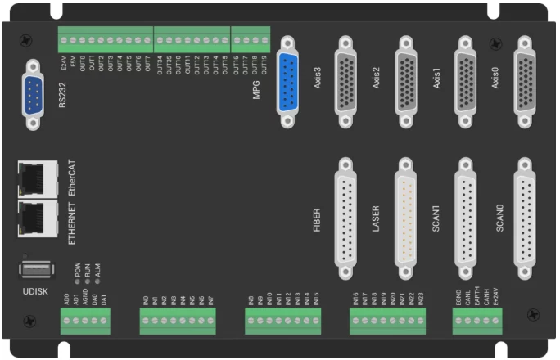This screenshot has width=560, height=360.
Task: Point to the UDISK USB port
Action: [34, 270]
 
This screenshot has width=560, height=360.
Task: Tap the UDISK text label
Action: [34, 290]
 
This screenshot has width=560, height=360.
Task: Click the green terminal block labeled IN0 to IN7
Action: [178, 325]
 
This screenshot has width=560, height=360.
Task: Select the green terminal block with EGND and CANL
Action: [477, 325]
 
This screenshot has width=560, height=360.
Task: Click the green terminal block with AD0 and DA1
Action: [84, 325]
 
